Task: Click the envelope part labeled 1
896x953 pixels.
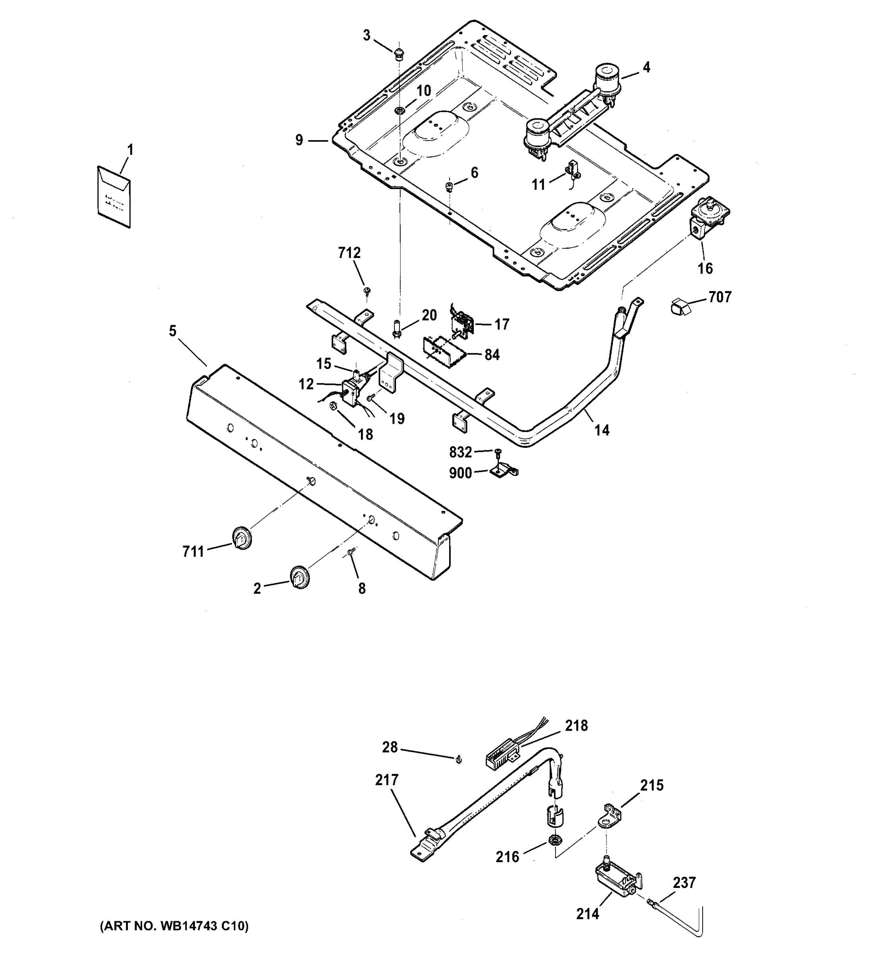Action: (114, 197)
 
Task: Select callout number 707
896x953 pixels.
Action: (720, 297)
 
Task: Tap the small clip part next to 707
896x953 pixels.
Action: (680, 306)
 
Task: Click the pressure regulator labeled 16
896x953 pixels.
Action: (709, 218)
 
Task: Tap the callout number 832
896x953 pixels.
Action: (460, 452)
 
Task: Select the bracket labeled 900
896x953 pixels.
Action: (503, 471)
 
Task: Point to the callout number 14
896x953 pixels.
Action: (602, 430)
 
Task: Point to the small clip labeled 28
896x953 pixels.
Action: (458, 758)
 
